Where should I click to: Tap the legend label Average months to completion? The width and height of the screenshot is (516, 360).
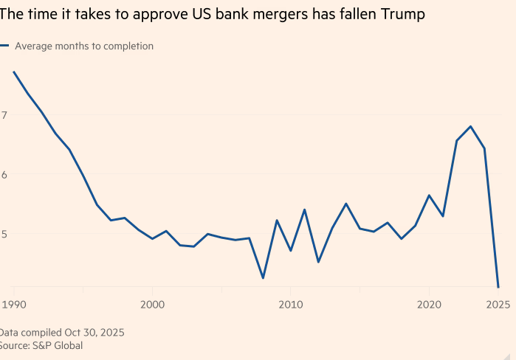pos(84,46)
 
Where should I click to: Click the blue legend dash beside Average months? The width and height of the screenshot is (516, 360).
pos(4,46)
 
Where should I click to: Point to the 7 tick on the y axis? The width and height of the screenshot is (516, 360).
pos(4,115)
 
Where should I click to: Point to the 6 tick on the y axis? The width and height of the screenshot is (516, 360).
pos(4,175)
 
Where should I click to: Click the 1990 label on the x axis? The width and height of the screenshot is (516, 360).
pos(13,304)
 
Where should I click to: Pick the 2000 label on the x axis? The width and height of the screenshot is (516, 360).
pos(152,304)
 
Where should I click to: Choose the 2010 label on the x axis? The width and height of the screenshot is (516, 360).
pos(290,304)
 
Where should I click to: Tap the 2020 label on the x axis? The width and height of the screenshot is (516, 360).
pos(429,304)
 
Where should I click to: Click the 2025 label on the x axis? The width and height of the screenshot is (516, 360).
pos(498,304)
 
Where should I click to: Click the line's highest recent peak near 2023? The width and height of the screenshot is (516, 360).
pos(470,126)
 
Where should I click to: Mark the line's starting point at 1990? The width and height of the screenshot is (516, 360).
pos(13,72)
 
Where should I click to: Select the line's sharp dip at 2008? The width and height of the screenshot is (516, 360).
pos(263,278)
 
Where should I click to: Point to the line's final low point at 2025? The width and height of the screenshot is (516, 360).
pos(498,287)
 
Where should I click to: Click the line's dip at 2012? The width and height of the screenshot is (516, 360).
pos(318,262)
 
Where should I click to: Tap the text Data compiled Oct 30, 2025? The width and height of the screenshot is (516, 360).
pos(62,332)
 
